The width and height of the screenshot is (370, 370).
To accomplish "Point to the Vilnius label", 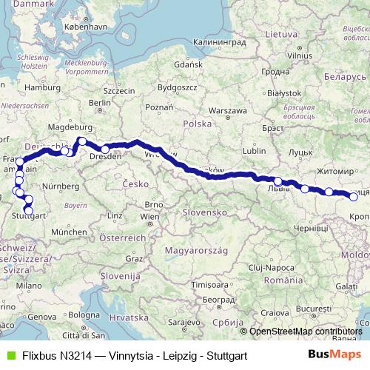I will (300, 55).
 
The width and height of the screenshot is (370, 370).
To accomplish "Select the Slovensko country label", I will (206, 212).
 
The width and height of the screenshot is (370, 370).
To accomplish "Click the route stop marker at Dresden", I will (105, 150).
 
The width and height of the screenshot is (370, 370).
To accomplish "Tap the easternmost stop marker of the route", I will (354, 197).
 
